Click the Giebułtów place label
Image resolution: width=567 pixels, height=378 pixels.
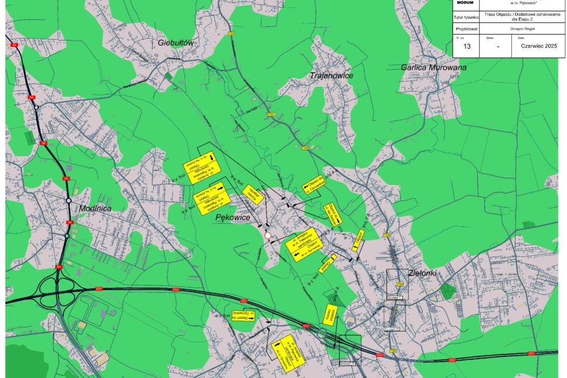[176, 43]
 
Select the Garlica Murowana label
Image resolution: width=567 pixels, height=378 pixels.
[434, 67]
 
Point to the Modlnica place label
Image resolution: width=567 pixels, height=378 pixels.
[94, 208]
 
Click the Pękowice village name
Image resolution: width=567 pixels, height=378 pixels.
[233, 218]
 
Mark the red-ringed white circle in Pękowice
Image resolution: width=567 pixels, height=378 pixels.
[268, 236]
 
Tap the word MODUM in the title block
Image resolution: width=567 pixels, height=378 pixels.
[465, 3]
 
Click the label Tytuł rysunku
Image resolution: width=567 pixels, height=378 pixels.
[467, 18]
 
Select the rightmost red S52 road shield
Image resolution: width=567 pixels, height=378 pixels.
[531, 354]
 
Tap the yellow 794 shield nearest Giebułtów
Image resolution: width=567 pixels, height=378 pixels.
[231, 35]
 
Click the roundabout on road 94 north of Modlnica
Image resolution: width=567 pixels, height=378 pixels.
[36, 108]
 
